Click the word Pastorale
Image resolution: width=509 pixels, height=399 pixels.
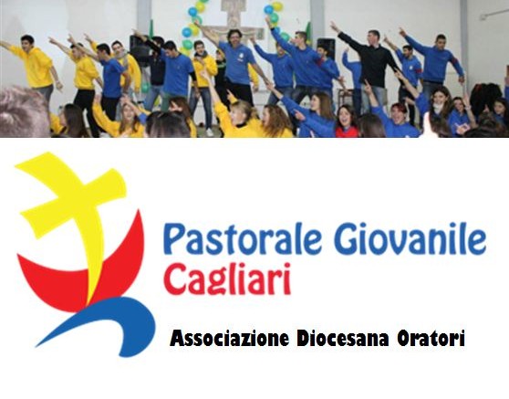coord(243,238)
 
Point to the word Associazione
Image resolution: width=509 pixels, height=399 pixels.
coord(229,339)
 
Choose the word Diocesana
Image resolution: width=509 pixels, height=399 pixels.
coord(343,339)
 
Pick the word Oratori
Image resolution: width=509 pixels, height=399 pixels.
coord(431,339)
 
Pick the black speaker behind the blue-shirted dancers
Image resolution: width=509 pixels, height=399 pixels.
coord(325,48)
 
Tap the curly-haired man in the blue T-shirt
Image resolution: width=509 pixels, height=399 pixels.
coord(237,65)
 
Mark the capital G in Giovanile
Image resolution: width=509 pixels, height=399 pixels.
coord(346,238)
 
